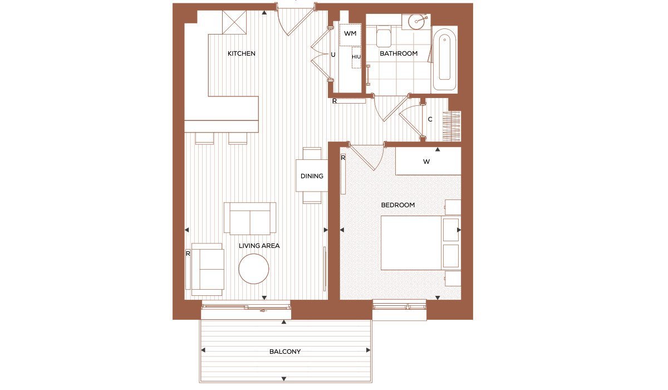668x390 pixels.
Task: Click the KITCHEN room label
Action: pos(241,53)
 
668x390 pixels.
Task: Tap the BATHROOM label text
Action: pos(399,53)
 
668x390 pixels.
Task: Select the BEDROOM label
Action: pos(398,205)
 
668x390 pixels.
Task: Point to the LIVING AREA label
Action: pos(259,246)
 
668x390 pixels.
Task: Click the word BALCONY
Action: pos(285,352)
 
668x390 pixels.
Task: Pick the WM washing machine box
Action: pos(350,35)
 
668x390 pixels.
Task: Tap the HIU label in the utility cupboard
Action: pos(356,57)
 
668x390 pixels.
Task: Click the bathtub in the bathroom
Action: pos(444,59)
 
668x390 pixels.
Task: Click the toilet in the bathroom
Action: pos(384,36)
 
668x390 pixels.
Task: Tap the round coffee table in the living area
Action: pos(254,269)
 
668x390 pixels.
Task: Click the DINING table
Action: pos(312,175)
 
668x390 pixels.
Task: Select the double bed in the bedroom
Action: pos(420,242)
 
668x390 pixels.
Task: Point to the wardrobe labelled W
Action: pos(428,161)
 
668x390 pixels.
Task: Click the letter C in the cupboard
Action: pos(430,119)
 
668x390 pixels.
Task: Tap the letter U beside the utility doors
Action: pos(333,55)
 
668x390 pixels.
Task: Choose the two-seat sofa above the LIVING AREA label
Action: pos(250,218)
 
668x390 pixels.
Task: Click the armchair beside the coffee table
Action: pos(208,269)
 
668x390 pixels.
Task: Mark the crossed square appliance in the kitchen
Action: pos(234,22)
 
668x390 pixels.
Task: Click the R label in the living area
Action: pos(188,253)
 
